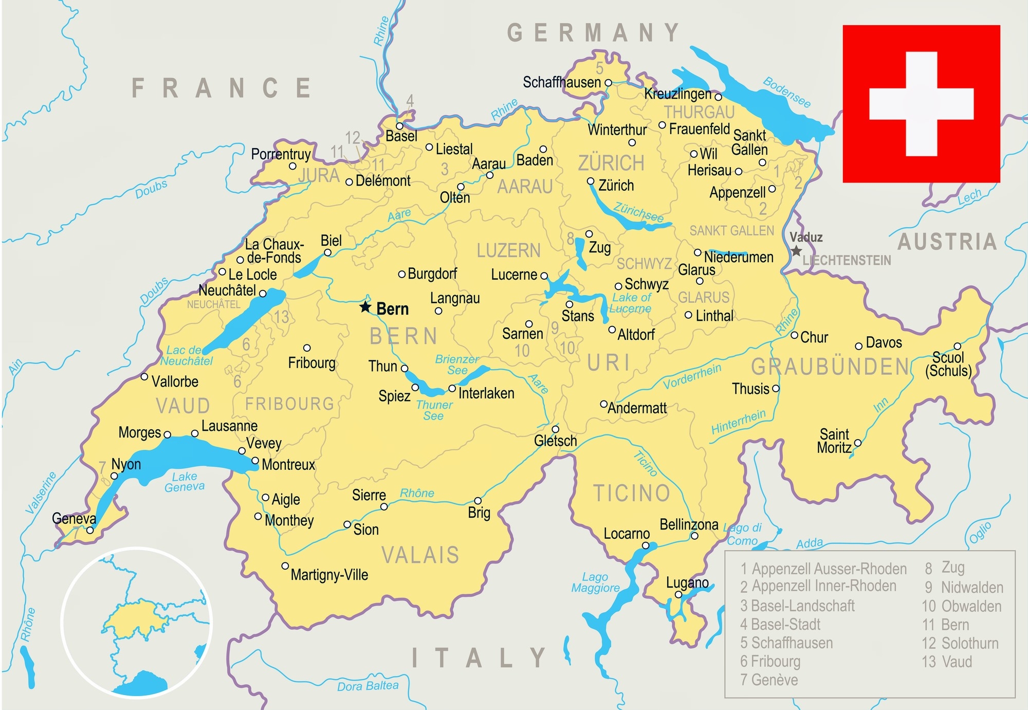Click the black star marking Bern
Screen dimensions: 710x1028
click(365, 307)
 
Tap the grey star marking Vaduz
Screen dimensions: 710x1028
click(796, 251)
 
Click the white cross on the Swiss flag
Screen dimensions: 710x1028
click(921, 104)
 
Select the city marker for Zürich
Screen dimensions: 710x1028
click(591, 181)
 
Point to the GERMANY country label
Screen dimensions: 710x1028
click(594, 33)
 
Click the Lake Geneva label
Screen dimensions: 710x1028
click(185, 482)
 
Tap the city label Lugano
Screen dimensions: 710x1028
click(687, 582)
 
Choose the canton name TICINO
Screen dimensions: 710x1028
click(632, 493)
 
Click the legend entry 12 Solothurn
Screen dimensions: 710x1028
click(960, 643)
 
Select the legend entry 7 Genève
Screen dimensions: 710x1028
click(769, 680)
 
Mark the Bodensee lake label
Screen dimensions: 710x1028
click(786, 93)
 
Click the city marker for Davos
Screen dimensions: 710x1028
click(858, 346)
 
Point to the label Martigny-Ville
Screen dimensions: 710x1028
click(329, 574)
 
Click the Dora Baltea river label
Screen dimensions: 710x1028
click(368, 686)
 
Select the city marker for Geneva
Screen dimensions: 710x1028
click(90, 530)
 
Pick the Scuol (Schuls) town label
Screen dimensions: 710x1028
click(948, 364)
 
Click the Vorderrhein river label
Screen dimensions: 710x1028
click(692, 376)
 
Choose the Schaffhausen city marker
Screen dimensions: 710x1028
click(608, 82)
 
